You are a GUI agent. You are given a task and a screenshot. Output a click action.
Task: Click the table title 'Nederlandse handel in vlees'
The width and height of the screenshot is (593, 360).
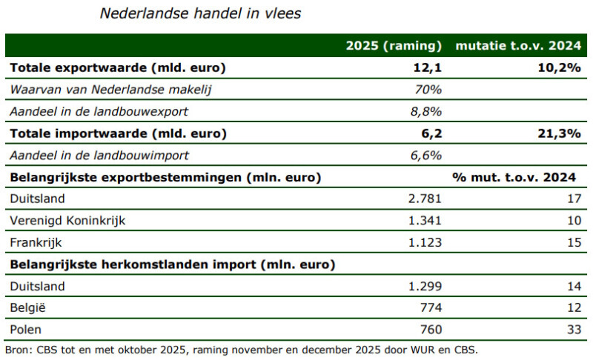point(200,14)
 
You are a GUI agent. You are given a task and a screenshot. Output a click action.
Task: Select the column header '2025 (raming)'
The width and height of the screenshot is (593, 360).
point(394,46)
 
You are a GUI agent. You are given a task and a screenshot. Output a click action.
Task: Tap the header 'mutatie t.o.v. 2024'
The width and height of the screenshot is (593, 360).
point(518,46)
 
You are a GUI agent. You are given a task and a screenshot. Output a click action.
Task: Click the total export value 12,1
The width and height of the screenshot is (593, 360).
point(427,68)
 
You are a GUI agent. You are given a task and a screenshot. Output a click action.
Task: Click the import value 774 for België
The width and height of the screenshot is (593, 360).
point(430,307)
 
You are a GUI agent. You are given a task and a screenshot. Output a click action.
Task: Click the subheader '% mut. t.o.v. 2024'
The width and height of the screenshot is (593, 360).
point(514,177)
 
